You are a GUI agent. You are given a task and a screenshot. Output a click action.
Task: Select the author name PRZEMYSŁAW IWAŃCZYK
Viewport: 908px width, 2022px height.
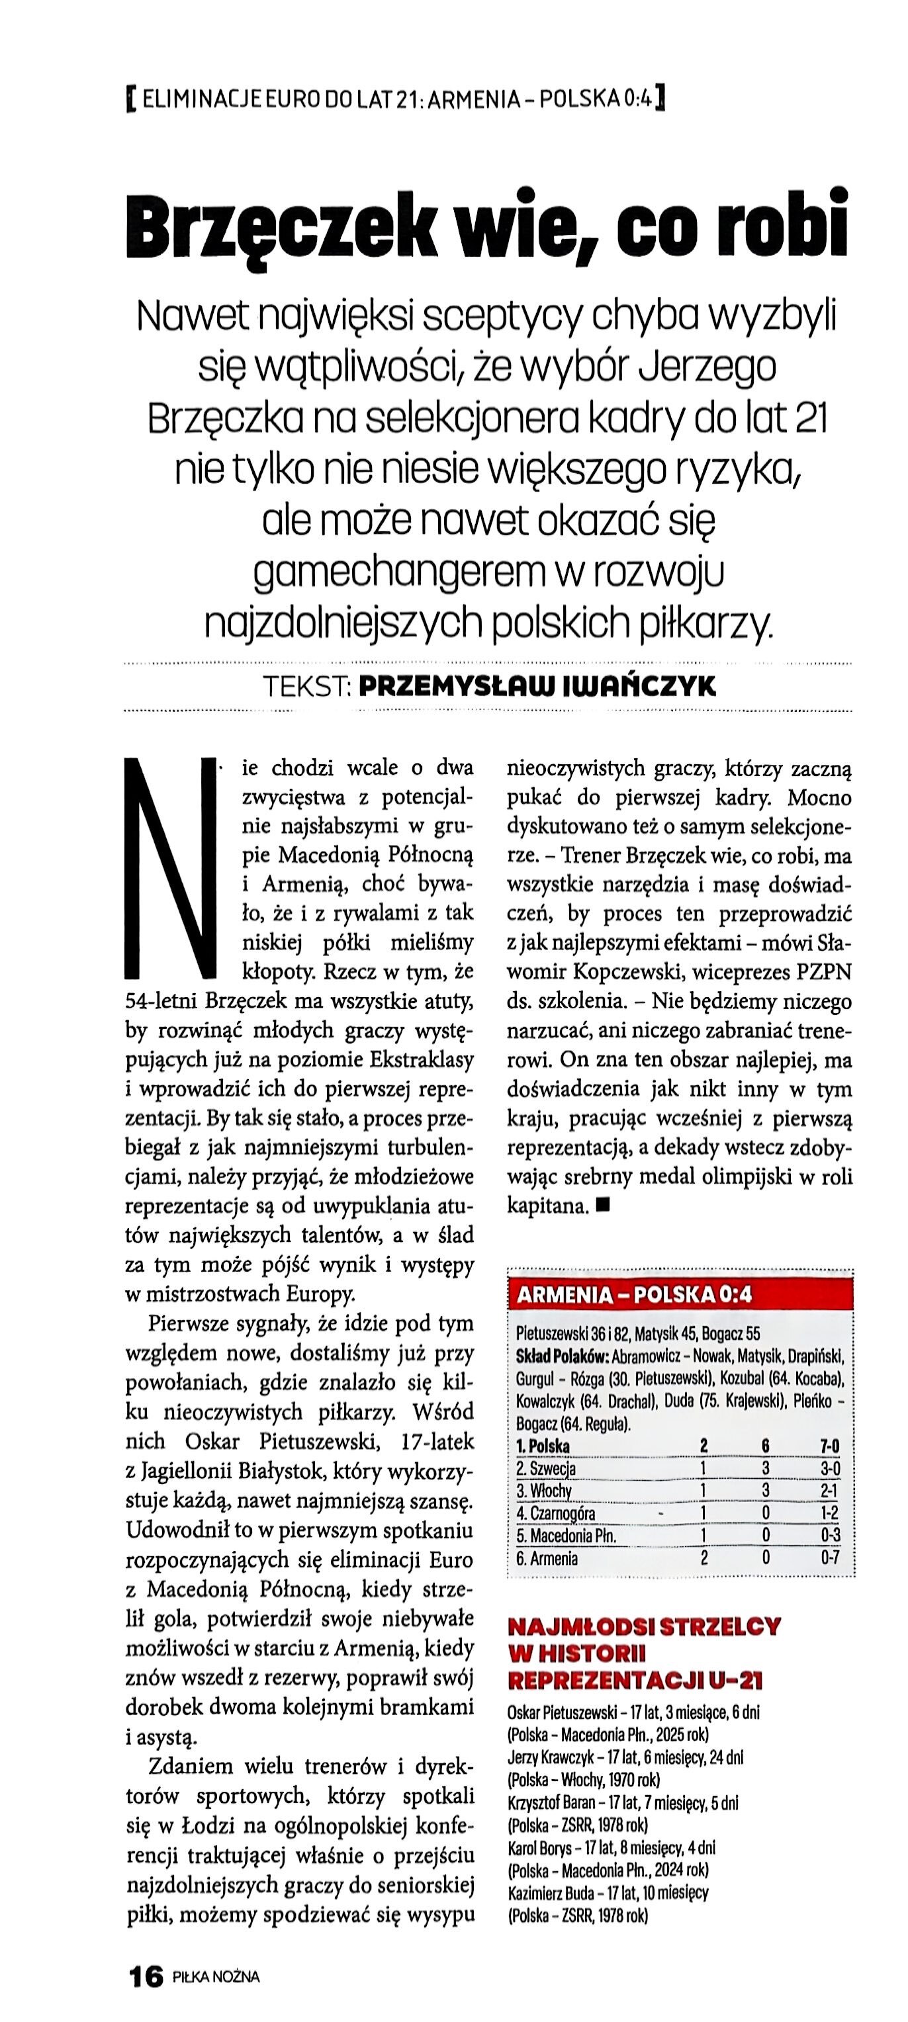click(537, 687)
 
